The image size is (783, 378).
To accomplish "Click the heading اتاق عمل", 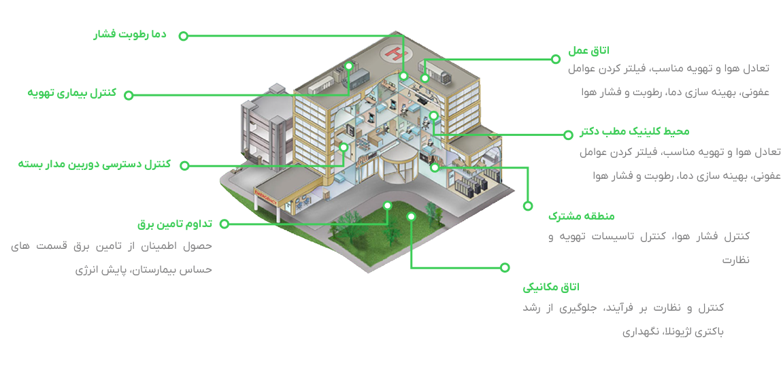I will (x=588, y=50).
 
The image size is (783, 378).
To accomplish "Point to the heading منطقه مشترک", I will (x=581, y=216).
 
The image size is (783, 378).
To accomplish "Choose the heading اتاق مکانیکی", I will (x=551, y=287).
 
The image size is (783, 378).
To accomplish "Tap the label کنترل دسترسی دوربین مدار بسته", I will (x=95, y=164).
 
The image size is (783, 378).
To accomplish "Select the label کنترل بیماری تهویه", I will (x=71, y=92).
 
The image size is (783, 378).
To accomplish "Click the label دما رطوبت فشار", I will (x=130, y=34).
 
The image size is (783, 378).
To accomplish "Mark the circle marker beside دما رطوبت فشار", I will (x=183, y=36).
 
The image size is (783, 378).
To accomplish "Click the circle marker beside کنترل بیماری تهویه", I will (x=129, y=95).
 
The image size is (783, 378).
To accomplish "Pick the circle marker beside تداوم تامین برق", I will (x=224, y=223).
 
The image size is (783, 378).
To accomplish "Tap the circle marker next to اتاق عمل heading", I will (x=556, y=59).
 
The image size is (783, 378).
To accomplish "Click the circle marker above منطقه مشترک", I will (x=527, y=205).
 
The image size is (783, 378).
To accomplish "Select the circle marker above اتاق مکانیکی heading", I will (x=504, y=267).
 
